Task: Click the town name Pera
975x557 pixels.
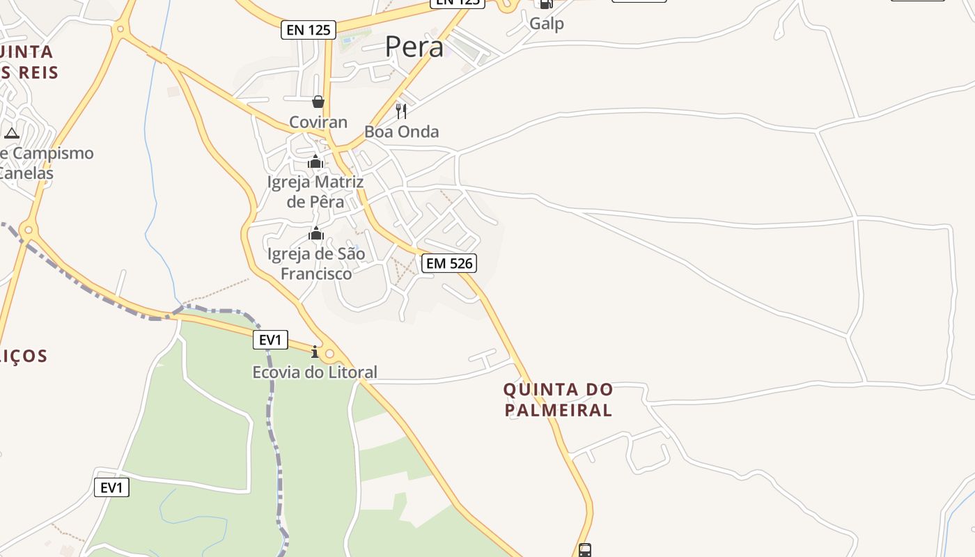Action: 414,47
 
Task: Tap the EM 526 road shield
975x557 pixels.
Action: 449,262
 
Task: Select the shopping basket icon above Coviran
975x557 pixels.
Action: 318,102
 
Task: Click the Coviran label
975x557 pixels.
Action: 318,123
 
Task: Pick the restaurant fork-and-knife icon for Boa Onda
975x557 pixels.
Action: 401,111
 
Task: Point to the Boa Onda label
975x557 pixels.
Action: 402,132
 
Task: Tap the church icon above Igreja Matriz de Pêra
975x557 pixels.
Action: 315,162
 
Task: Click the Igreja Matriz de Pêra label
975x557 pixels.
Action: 315,191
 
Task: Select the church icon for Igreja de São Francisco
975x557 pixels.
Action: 316,233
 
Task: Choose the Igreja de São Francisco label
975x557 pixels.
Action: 316,263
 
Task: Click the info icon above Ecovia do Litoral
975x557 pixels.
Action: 315,352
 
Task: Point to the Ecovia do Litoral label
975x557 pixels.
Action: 315,372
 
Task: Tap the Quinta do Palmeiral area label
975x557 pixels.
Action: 559,399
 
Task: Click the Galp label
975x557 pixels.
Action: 547,23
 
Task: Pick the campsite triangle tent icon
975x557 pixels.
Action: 11,133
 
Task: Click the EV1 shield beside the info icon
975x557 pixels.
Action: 270,340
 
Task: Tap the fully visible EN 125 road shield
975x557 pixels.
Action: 309,30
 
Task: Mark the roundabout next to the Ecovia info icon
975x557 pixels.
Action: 330,354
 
